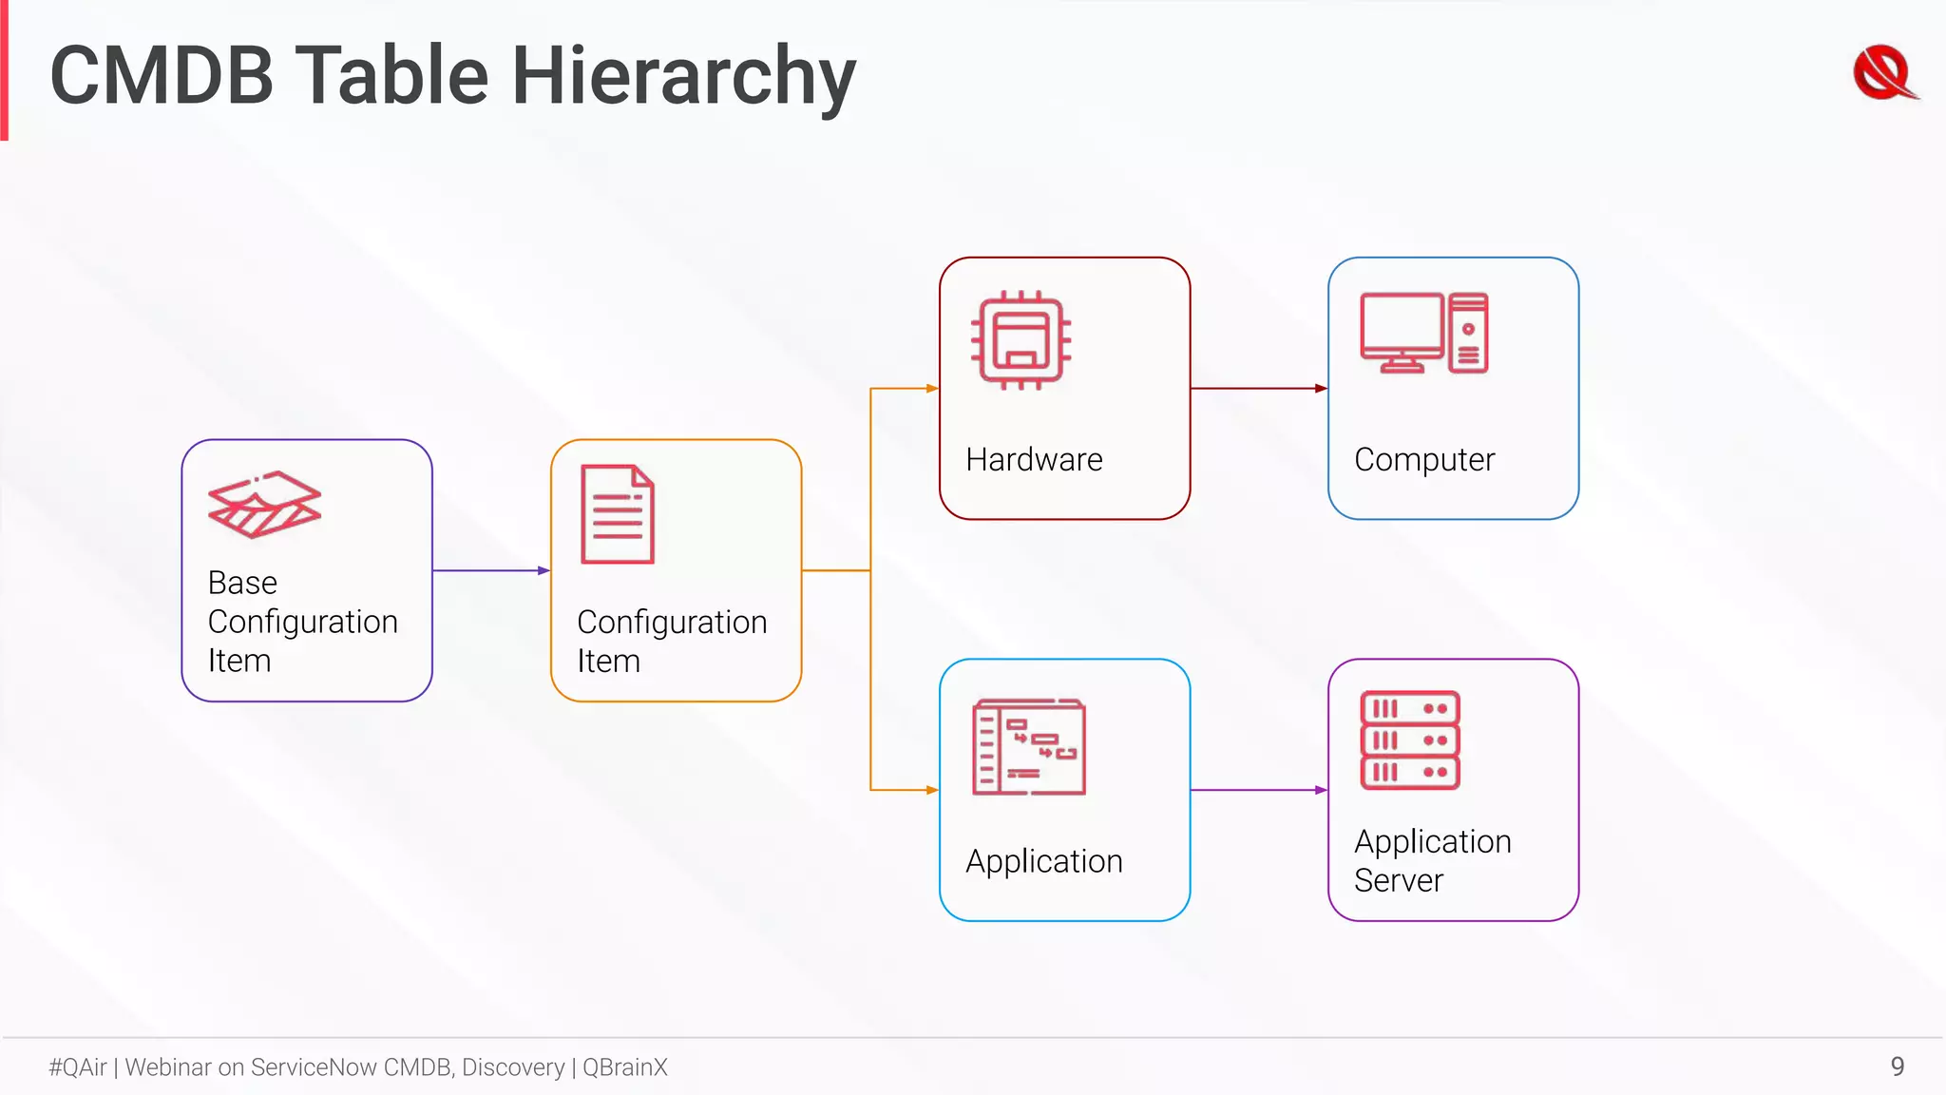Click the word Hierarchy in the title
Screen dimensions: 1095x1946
[683, 78]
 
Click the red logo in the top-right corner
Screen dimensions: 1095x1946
[1884, 73]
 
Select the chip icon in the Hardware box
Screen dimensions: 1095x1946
[1021, 340]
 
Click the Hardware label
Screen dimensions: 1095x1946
[1034, 460]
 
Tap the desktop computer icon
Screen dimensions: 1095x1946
[1423, 333]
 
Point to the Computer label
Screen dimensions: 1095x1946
[1423, 460]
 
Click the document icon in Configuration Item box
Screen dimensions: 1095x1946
[618, 514]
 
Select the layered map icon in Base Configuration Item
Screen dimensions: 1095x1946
[264, 505]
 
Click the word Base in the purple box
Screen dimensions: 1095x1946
[242, 583]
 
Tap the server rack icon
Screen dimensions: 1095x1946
[1410, 740]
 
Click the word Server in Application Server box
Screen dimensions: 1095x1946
[1398, 881]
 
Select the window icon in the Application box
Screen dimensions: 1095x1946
[1029, 747]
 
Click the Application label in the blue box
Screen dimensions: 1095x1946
[1043, 861]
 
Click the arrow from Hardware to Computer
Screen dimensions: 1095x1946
[1258, 388]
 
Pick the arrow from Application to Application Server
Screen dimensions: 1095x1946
[1258, 790]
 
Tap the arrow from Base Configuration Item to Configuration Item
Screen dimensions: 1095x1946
[490, 570]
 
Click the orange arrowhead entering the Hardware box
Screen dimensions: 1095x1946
[932, 388]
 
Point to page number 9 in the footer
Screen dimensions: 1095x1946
[1897, 1066]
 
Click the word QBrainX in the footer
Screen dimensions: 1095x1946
[624, 1067]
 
